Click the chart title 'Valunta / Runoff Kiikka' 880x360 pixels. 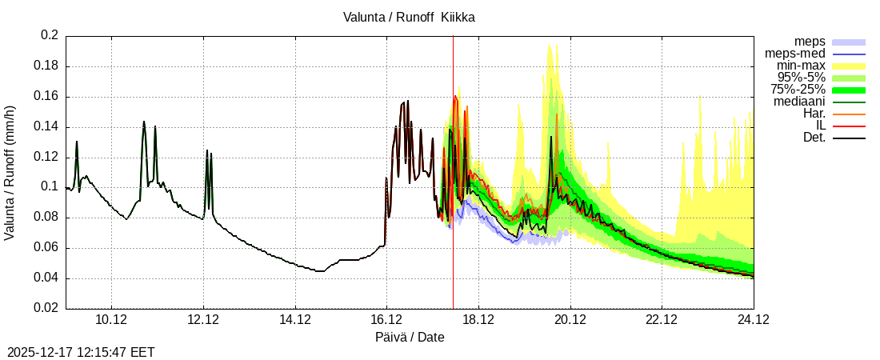pos(409,17)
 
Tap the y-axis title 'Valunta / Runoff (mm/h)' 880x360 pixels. pos(10,173)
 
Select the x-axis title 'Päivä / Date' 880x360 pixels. pos(410,338)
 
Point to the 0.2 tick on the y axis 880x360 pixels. pos(50,36)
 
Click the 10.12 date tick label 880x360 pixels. pos(111,320)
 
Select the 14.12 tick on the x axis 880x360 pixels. pos(295,320)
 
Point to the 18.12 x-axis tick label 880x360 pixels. pos(478,320)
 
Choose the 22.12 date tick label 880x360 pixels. pos(662,320)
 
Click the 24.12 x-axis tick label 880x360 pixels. pos(754,320)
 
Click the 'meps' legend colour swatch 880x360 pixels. pos(849,42)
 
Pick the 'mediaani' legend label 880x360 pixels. pos(799,102)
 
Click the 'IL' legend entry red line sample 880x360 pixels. pos(849,126)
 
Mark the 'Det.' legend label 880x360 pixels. pos(814,138)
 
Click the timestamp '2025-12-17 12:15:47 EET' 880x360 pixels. pos(81,352)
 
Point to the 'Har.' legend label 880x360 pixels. pos(814,114)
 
